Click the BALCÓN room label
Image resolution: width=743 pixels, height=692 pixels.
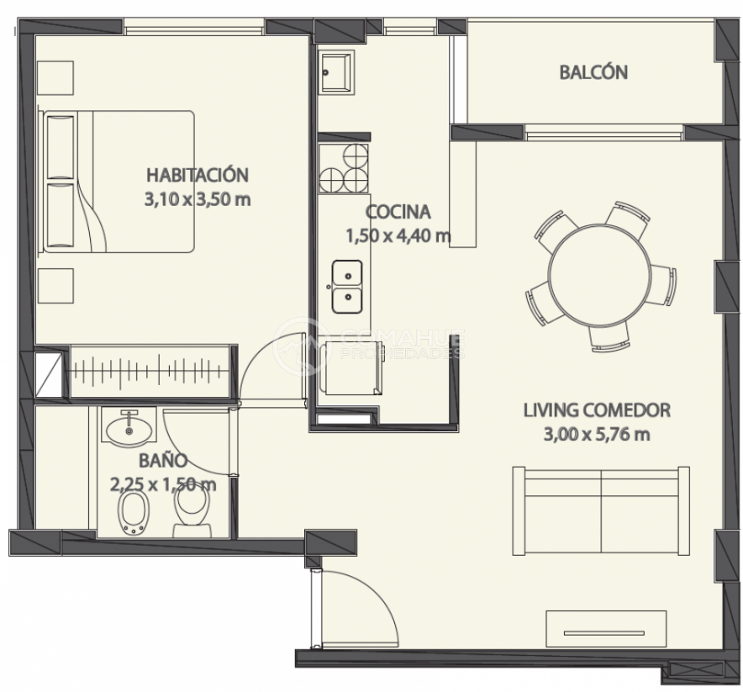pos(593,72)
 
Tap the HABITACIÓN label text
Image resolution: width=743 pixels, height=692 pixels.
pos(198,174)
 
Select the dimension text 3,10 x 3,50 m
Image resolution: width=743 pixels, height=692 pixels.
pos(198,199)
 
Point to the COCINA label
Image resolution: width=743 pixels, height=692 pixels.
pos(398,211)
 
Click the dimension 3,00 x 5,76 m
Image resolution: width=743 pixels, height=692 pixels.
pos(597,434)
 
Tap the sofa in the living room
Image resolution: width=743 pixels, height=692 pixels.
pos(601,510)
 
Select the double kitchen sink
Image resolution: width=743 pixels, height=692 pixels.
pos(347,286)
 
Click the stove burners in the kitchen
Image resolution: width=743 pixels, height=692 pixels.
pos(344,168)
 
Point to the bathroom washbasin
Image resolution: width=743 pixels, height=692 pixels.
pos(129,428)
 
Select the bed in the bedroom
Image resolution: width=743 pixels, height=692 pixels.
pos(119,182)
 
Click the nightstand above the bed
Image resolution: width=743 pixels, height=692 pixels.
pos(55,77)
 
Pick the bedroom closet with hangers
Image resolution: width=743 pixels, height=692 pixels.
pos(150,371)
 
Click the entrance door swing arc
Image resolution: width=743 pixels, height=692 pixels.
pos(374,592)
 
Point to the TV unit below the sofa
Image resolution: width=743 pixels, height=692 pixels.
pos(606,629)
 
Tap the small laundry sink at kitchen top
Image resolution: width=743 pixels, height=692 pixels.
pos(336,72)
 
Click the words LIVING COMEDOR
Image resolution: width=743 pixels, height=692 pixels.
pos(597,410)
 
